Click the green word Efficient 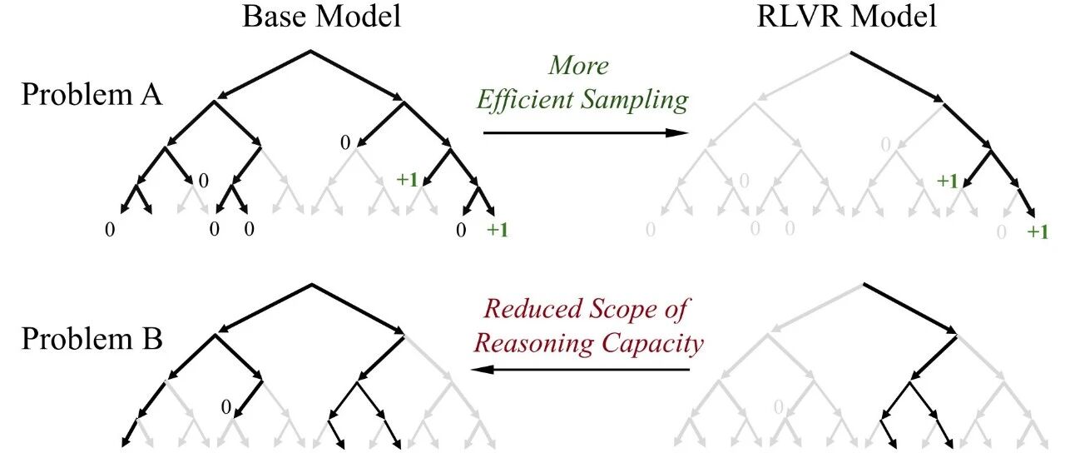(529, 100)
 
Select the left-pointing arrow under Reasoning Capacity (582, 369)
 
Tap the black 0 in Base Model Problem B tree (225, 407)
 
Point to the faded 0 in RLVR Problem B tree (779, 407)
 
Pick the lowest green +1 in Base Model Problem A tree (497, 231)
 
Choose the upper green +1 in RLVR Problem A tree (947, 181)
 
